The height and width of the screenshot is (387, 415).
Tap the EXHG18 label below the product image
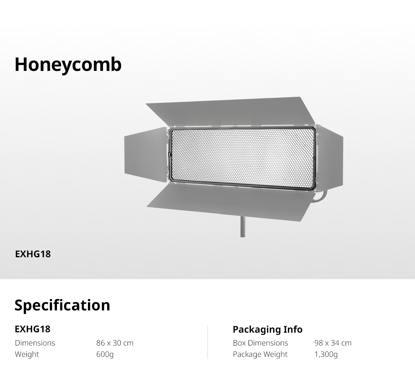[x=33, y=254]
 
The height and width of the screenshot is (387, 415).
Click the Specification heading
[x=62, y=306]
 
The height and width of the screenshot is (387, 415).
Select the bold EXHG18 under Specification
[x=32, y=329]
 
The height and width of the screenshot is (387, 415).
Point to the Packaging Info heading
[x=267, y=330]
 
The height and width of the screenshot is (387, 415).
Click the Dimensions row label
[x=35, y=343]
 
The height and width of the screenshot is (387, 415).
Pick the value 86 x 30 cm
[x=115, y=343]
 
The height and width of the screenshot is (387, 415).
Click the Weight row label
[x=27, y=354]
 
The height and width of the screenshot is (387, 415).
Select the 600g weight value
[x=105, y=354]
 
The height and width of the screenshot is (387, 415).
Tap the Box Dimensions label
[x=260, y=343]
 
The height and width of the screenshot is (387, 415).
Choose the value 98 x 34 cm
[x=333, y=343]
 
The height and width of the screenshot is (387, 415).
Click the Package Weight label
[x=260, y=354]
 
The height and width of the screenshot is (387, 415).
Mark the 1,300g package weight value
[x=326, y=354]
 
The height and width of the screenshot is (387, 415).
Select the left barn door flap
[x=146, y=155]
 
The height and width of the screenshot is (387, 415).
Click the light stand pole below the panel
[x=243, y=227]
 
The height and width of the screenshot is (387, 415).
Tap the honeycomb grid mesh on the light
[x=243, y=158]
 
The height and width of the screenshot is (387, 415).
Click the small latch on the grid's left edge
[x=170, y=155]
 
